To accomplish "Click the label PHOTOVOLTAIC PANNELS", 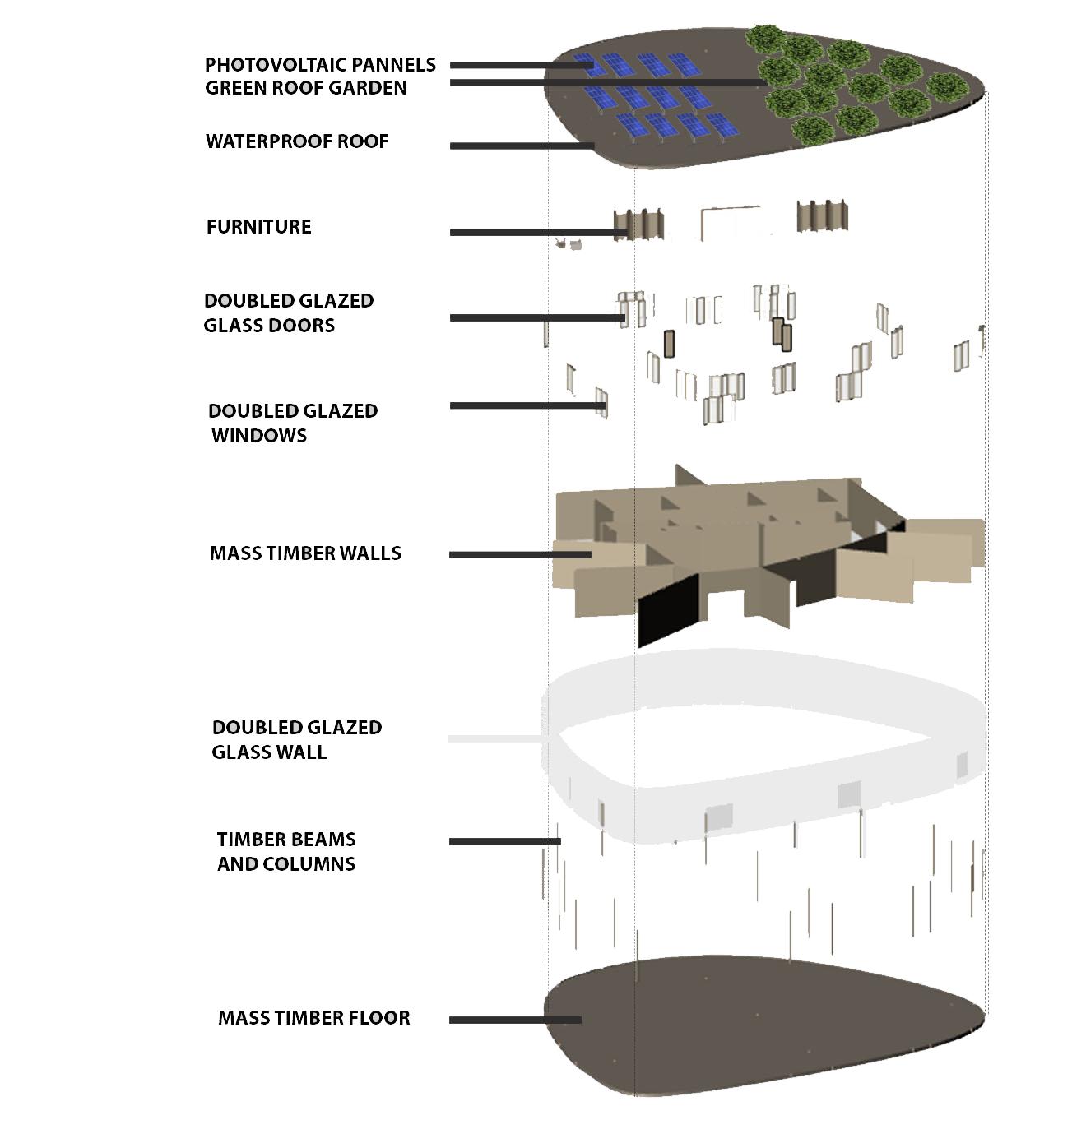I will pyautogui.click(x=320, y=64).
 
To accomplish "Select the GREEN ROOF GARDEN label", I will pyautogui.click(x=305, y=88).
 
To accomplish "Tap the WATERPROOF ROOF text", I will pyautogui.click(x=297, y=141).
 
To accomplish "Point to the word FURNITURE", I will pyautogui.click(x=258, y=227).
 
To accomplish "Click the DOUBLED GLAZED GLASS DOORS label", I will pyautogui.click(x=288, y=313).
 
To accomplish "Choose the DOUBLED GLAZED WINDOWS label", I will pyautogui.click(x=292, y=423).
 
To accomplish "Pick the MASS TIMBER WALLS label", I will pyautogui.click(x=305, y=553).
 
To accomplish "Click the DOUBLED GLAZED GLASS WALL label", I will pyautogui.click(x=296, y=739).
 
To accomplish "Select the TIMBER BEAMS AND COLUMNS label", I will pyautogui.click(x=286, y=851).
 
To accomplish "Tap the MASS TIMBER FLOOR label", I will pyautogui.click(x=313, y=1018).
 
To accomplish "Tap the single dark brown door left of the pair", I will pyautogui.click(x=669, y=344).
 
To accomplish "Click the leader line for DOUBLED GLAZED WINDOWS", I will pyautogui.click(x=527, y=405).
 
